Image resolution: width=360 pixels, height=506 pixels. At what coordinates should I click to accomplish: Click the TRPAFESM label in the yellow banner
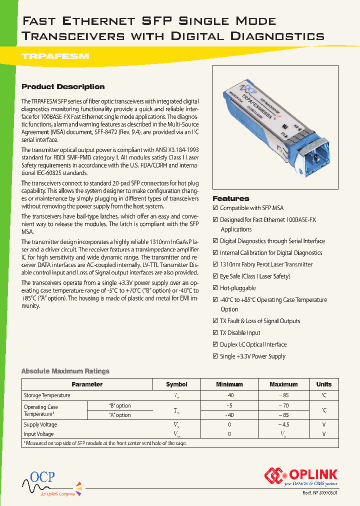pos(55,56)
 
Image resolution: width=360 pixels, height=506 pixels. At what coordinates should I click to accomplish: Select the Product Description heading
pos(63,86)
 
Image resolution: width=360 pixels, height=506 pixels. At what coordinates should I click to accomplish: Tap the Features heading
pos(230,198)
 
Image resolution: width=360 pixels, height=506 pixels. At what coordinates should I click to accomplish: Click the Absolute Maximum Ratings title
pos(65,371)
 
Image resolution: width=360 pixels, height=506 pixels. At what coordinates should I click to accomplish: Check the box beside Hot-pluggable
pos(215,288)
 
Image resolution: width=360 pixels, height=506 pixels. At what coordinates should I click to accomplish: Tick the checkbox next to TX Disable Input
pos(215,333)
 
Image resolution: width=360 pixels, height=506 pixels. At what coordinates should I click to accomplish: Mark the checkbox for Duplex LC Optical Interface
pos(215,344)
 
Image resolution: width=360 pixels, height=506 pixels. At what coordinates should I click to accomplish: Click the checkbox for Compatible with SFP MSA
pos(215,208)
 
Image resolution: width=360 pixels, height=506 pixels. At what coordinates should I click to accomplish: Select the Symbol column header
pos(176,384)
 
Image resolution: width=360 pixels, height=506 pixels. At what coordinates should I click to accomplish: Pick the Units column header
pos(323,384)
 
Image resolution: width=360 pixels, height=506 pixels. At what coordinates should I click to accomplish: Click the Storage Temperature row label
pos(47,395)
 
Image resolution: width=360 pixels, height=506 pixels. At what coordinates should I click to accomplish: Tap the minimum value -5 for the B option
pos(229,406)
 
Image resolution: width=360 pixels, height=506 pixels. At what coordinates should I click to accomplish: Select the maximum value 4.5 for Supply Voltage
pos(283,424)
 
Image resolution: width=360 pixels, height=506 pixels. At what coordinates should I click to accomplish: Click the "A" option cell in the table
pos(119,415)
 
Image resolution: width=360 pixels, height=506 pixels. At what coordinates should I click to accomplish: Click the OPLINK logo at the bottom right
pos(301,475)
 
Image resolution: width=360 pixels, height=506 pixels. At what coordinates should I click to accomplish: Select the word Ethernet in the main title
pos(98,21)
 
